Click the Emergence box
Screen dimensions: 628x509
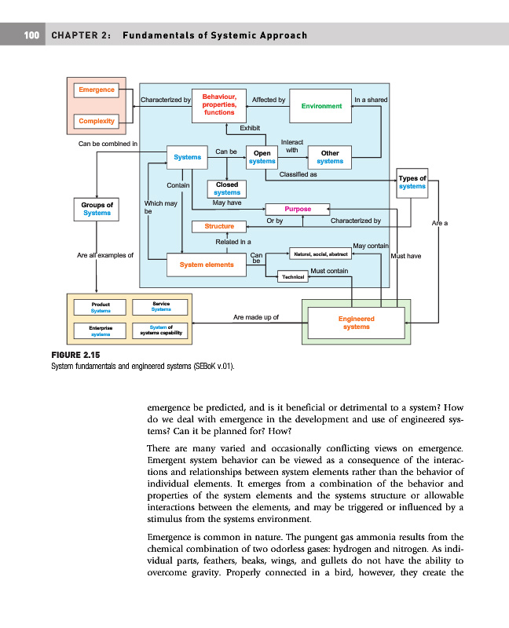[x=97, y=89]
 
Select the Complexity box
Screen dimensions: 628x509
[x=97, y=121]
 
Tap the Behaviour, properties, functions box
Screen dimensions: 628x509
[x=219, y=104]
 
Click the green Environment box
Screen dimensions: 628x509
[x=321, y=106]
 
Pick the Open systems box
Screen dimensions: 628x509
[x=262, y=157]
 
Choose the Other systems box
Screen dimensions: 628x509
[x=330, y=157]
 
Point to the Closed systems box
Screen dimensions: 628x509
[x=227, y=188]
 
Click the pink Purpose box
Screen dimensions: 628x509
[x=298, y=209]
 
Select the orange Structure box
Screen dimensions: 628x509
[x=219, y=227]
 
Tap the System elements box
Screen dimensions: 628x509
[x=207, y=265]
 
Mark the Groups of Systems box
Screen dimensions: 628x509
[x=97, y=209]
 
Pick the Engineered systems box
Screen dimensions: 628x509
[x=356, y=323]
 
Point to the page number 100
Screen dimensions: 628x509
[x=31, y=35]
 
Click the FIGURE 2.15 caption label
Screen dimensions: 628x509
[x=73, y=356]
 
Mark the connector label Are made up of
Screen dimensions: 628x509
[x=256, y=318]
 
